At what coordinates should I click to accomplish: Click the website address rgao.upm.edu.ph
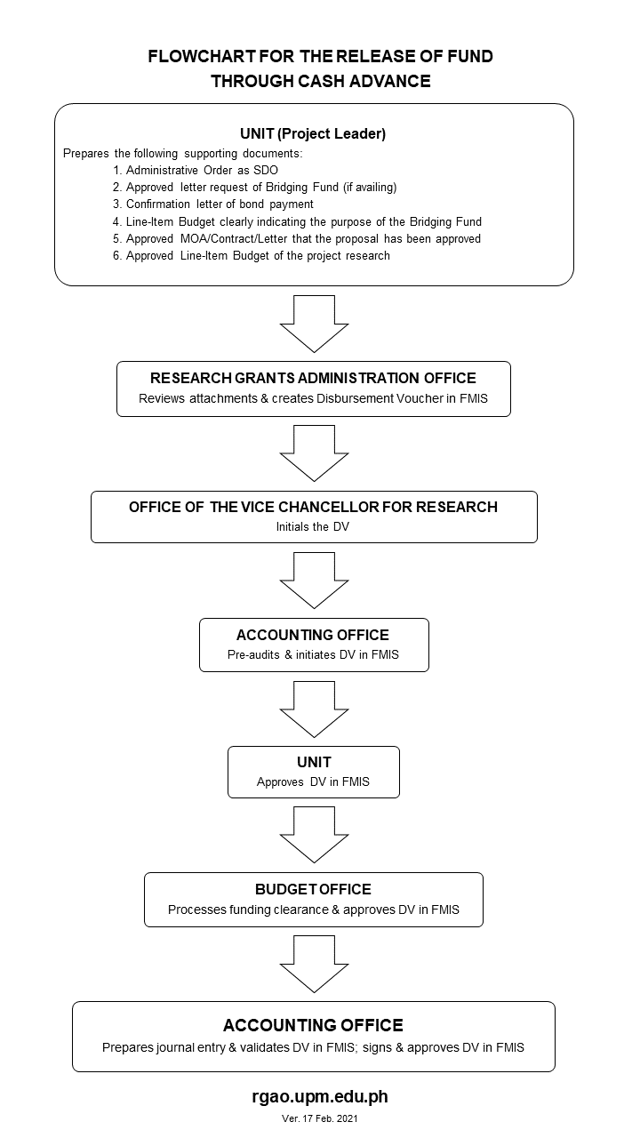tap(320, 1097)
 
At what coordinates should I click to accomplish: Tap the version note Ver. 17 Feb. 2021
tap(320, 1118)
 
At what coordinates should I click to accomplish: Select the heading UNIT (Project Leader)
tap(313, 133)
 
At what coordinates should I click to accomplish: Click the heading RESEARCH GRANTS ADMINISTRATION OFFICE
tap(314, 378)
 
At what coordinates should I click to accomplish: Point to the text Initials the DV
tap(313, 527)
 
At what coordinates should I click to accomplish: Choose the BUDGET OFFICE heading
tap(314, 889)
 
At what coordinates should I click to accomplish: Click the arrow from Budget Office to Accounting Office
tap(315, 965)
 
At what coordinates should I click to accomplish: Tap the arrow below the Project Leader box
tap(315, 325)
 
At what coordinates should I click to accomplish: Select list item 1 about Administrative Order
tap(196, 170)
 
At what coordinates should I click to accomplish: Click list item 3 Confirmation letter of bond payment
tap(213, 204)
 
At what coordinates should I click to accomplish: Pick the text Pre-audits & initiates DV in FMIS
tap(314, 655)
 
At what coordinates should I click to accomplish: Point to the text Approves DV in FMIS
tap(314, 781)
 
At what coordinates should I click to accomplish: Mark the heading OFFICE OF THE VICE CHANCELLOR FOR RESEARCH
tap(314, 507)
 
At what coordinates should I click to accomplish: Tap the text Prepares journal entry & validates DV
tap(228, 1047)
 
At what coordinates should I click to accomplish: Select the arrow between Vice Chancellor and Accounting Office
tap(315, 581)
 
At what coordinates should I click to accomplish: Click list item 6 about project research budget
tap(252, 255)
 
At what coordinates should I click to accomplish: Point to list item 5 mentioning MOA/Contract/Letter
tap(297, 239)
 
